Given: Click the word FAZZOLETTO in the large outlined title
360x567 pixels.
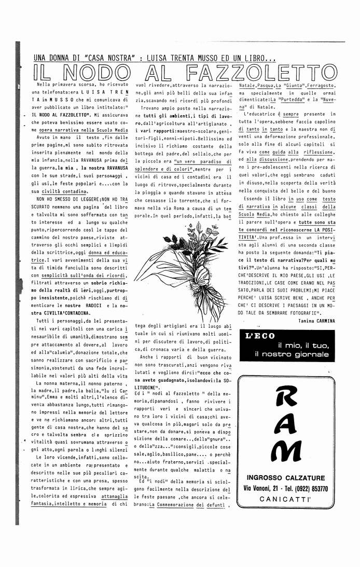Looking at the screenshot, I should tap(261, 71).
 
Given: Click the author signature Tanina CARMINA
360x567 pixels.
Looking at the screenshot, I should tap(316, 321).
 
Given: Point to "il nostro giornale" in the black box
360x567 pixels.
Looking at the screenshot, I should tap(292, 354).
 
